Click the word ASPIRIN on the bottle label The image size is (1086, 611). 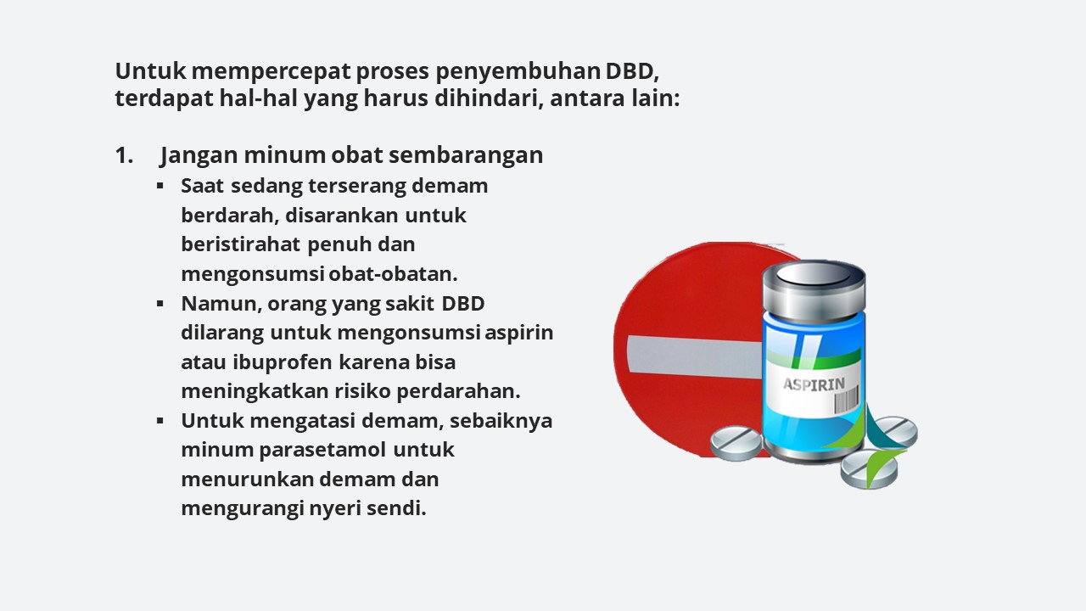coord(814,384)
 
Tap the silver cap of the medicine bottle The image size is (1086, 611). coord(814,288)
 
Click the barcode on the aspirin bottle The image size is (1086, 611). coord(846,399)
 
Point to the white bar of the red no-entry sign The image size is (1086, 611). coord(694,356)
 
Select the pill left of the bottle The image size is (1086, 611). coord(736,443)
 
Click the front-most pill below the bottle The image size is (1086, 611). coord(869,469)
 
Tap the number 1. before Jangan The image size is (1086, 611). coord(124,155)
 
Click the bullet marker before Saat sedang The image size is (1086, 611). coord(160,186)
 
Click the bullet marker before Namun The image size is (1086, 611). coord(160,304)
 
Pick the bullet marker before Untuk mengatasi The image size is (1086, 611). coord(160,421)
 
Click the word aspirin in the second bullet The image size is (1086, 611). coord(518,334)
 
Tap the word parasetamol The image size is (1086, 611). coord(323,450)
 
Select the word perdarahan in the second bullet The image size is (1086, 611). coord(459,392)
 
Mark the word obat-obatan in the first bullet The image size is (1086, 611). coord(393,274)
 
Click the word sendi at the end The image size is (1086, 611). coord(396,508)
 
